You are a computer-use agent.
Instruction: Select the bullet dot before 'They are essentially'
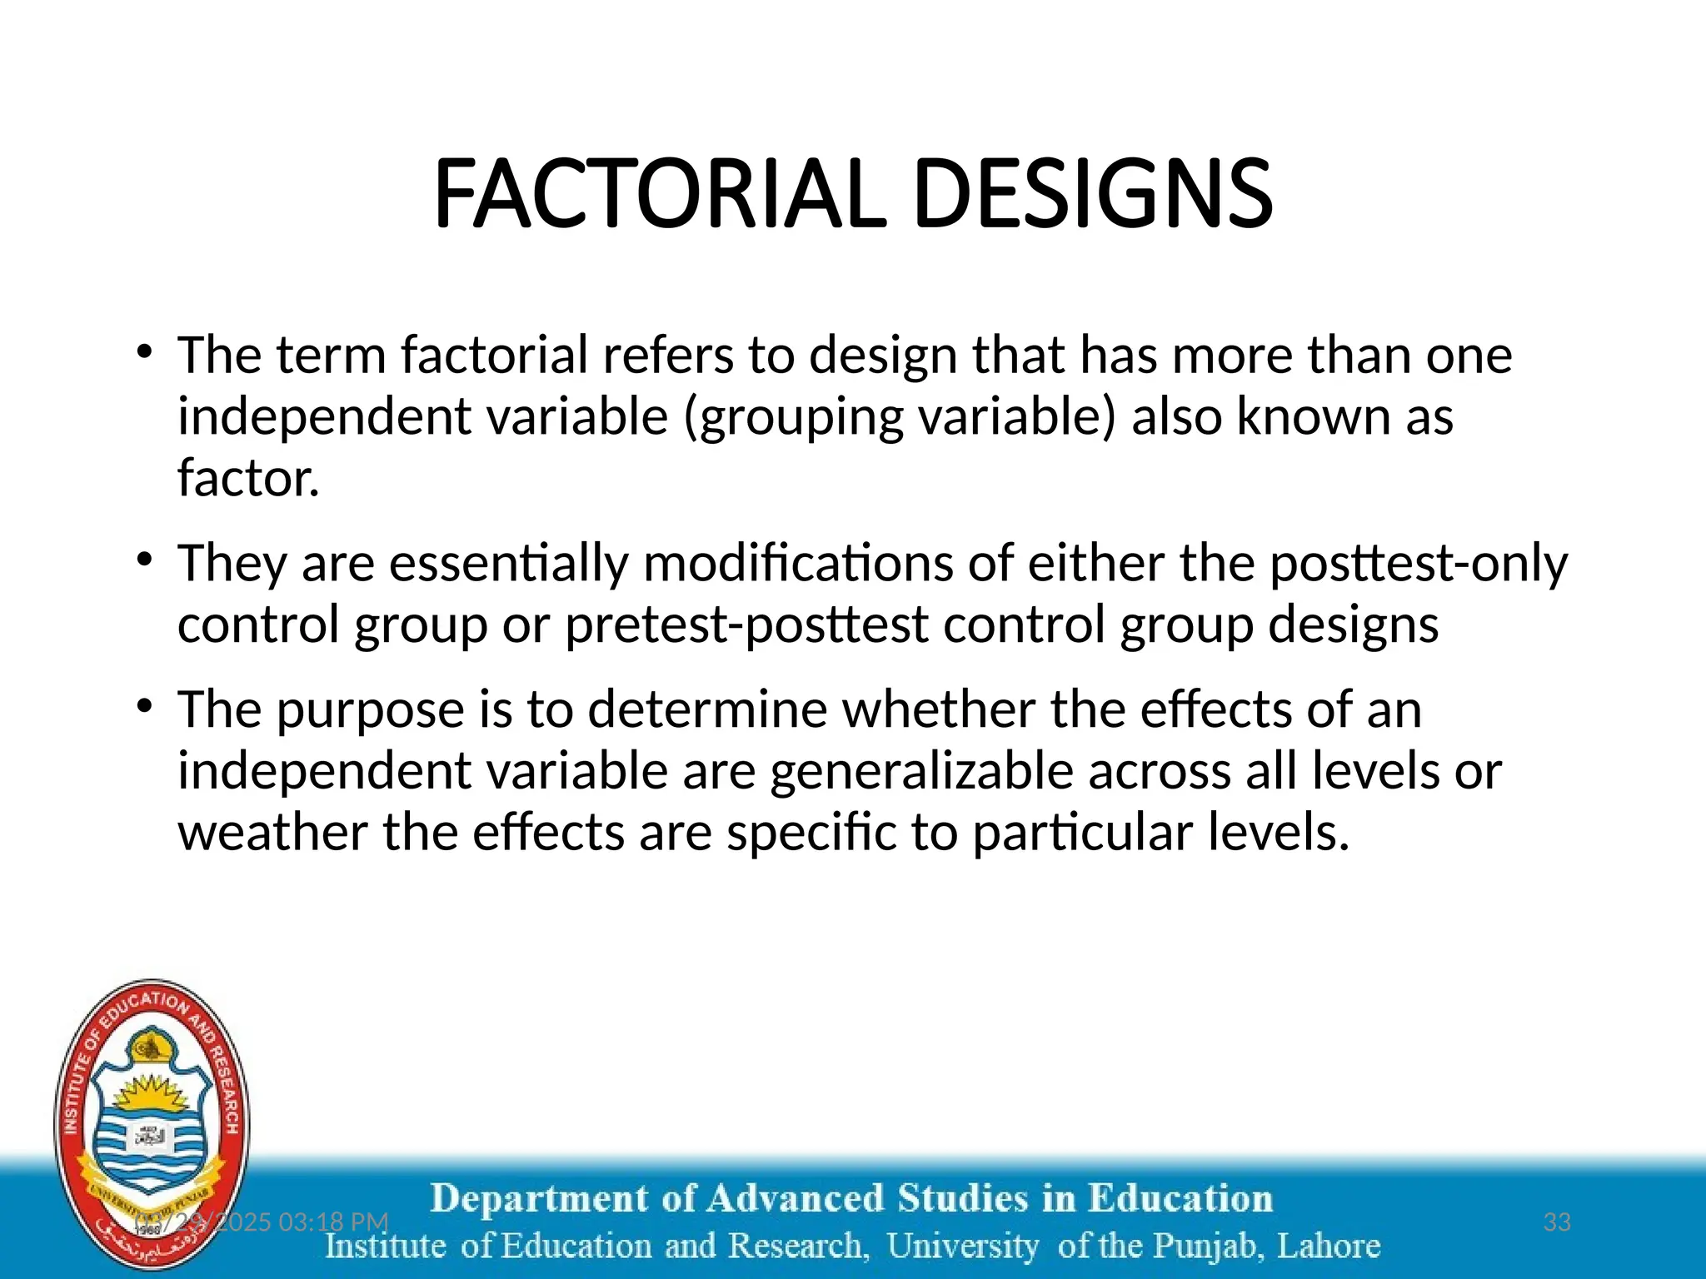click(145, 560)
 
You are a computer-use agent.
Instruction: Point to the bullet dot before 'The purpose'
click(145, 706)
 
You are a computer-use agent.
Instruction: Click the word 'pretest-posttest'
click(746, 625)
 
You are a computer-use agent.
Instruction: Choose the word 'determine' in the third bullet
click(707, 709)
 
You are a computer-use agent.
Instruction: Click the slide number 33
click(1557, 1222)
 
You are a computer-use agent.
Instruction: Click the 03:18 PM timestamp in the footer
click(333, 1222)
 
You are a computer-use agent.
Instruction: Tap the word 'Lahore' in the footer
click(1329, 1247)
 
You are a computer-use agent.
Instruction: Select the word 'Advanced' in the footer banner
click(795, 1199)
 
